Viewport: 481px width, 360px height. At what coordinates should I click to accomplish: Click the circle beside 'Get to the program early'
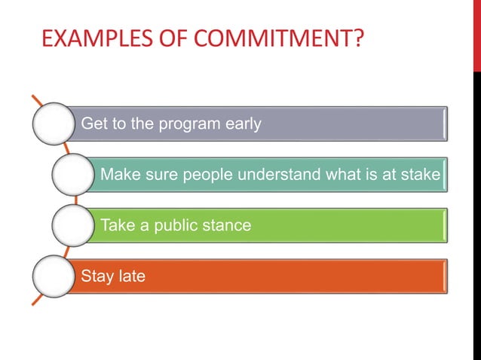tap(54, 124)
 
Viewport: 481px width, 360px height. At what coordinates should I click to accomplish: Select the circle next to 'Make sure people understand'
tap(74, 175)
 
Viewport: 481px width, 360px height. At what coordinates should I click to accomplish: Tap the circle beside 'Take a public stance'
tap(74, 225)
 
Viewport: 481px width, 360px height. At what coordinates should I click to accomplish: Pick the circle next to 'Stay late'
tap(54, 276)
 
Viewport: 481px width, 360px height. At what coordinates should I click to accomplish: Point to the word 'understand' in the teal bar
tap(278, 175)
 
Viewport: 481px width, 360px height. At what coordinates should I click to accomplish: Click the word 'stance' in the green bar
tap(227, 225)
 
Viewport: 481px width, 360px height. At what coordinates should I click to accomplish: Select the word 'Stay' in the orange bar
tap(96, 277)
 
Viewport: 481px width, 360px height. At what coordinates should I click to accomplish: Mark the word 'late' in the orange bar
tap(130, 276)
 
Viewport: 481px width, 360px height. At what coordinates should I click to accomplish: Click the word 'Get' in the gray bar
tap(93, 124)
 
